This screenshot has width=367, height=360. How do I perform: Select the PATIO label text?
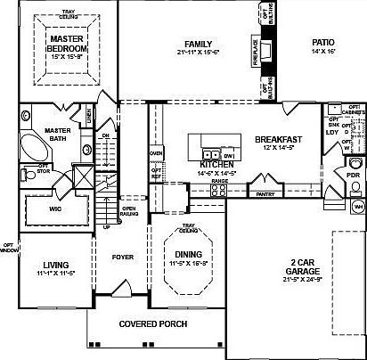322,43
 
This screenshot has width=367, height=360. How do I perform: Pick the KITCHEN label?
216,165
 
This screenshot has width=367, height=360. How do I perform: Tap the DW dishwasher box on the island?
229,156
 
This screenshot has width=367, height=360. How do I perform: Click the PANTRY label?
265,193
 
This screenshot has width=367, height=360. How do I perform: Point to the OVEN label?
156,152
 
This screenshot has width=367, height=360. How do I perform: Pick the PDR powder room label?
352,175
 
